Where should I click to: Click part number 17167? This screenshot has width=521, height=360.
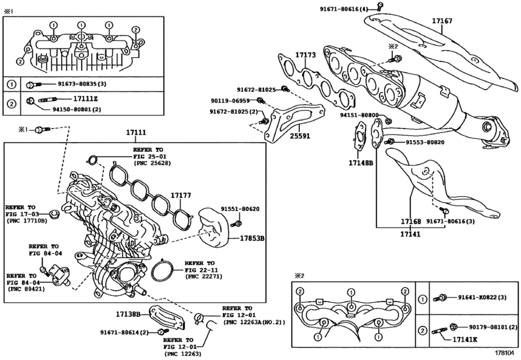coord(442,21)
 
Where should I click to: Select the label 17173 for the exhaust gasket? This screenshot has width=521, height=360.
coord(305,55)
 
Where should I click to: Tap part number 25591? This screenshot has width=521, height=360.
coord(299,136)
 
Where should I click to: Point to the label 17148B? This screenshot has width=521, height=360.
coord(361,163)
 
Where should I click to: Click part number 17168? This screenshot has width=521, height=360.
coord(411,221)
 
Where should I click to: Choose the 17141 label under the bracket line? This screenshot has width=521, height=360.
coord(410,234)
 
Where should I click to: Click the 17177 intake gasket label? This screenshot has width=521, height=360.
coord(181,195)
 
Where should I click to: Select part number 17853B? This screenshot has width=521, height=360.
coord(252,239)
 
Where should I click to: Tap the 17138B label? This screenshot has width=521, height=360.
coord(128,314)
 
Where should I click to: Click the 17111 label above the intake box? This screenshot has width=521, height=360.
coord(136,132)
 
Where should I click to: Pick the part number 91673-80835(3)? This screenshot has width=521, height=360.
coord(82,84)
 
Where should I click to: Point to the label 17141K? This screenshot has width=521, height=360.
coord(465,339)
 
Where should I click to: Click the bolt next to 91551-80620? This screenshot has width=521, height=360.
coord(238,222)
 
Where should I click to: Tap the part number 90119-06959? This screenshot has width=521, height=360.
coord(230,101)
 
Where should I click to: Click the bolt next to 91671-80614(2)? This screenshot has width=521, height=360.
coord(162,331)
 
